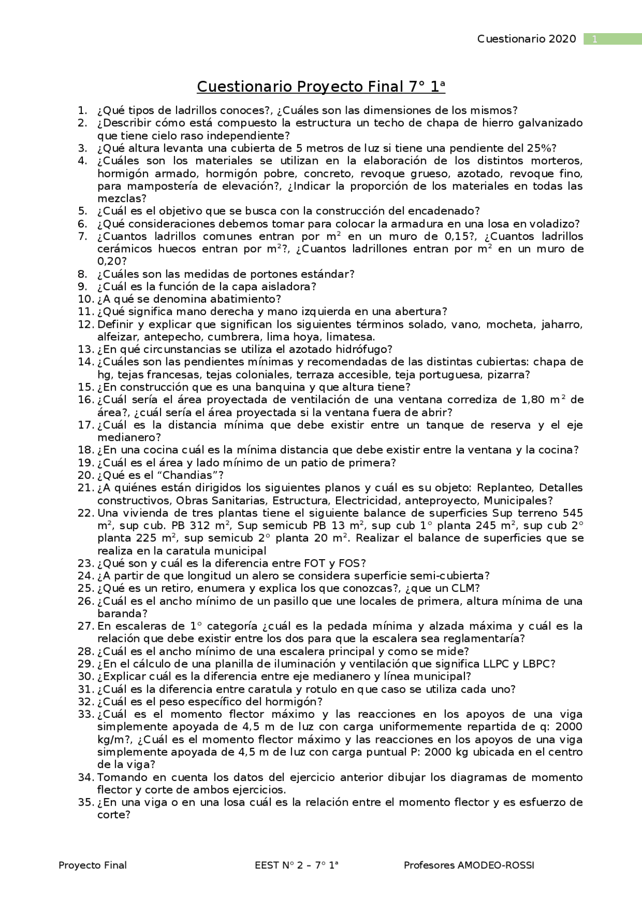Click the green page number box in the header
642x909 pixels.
point(612,39)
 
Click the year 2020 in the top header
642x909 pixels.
point(562,39)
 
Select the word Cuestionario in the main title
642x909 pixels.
point(245,87)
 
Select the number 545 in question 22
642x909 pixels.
point(573,513)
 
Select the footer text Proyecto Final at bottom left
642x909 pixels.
point(93,865)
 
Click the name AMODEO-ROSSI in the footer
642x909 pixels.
point(496,865)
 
